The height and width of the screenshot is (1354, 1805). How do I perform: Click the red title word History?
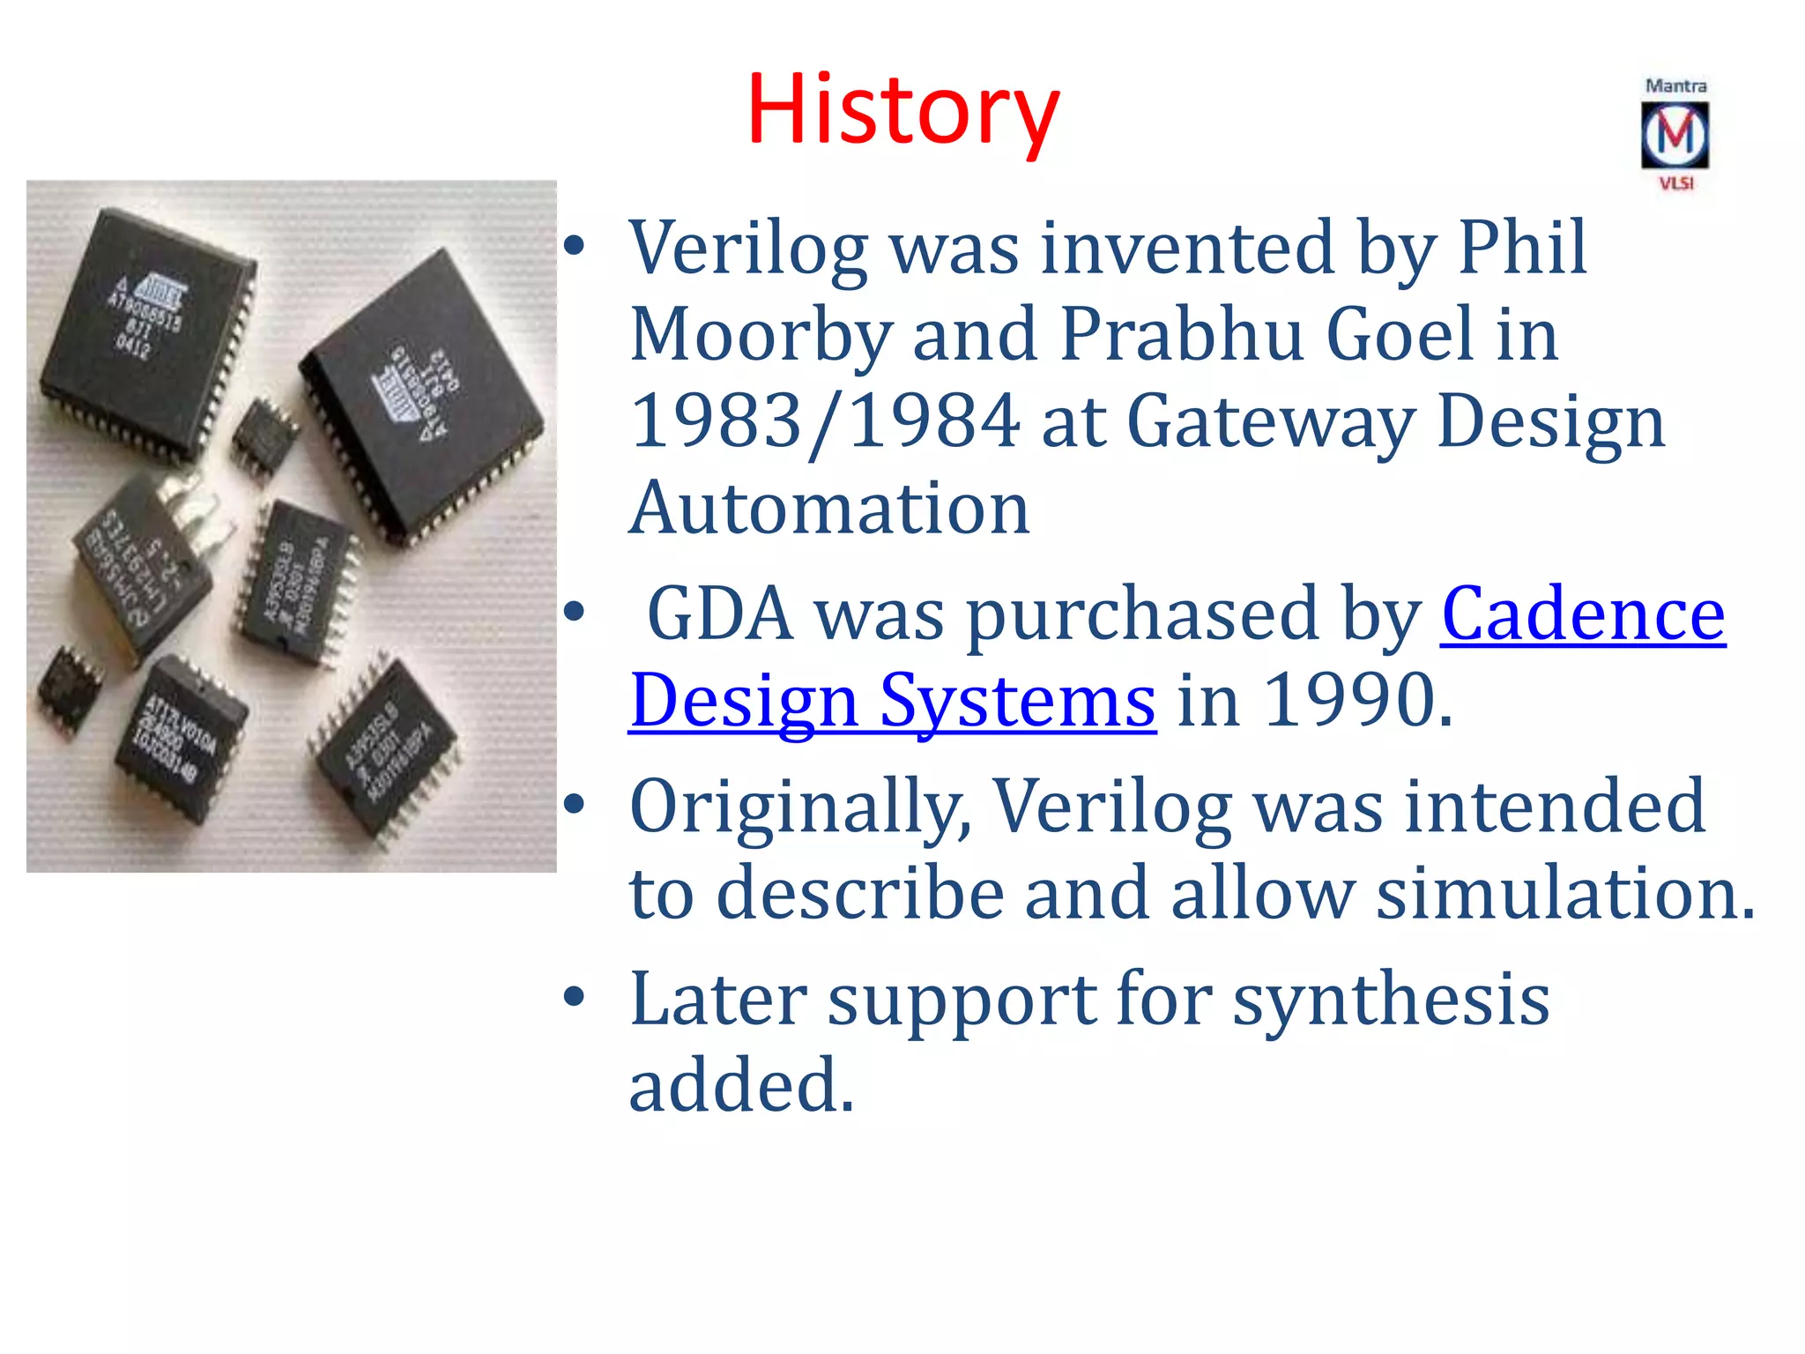902,110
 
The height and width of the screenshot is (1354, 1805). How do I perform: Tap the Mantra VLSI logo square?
1675,135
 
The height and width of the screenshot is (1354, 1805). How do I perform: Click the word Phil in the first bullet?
1522,248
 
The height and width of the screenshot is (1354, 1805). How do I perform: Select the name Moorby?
761,335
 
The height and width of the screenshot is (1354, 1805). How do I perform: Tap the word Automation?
829,509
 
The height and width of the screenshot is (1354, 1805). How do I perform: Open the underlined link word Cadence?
1583,614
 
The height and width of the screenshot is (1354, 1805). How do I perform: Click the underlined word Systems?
1018,700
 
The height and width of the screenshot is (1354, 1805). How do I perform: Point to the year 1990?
1357,700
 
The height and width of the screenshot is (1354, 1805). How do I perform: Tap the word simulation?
1565,892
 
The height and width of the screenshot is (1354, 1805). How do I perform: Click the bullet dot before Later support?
575,997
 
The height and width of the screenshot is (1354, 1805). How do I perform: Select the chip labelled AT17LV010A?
181,739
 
